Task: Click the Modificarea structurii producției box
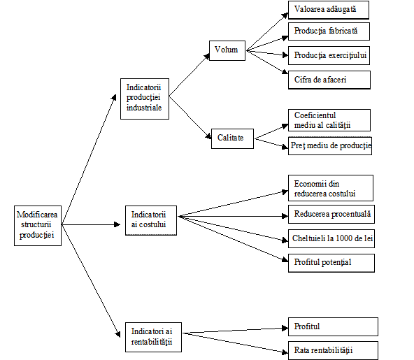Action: (x=38, y=226)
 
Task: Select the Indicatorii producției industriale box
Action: (x=145, y=99)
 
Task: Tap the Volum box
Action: (x=227, y=50)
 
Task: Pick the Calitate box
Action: (x=232, y=138)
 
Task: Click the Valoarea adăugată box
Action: (x=329, y=10)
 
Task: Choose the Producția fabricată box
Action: (x=329, y=31)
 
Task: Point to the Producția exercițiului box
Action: (x=329, y=55)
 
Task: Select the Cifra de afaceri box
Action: (x=329, y=80)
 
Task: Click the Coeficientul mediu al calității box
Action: (x=329, y=120)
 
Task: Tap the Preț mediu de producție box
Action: (x=330, y=145)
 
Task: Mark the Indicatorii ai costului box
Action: (x=151, y=220)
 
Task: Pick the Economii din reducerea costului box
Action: (x=331, y=188)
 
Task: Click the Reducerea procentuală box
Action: (x=331, y=215)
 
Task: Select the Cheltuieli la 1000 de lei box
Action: (x=331, y=238)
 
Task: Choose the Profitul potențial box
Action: (x=331, y=263)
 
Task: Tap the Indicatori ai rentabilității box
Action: (x=153, y=337)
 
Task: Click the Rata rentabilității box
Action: (x=333, y=350)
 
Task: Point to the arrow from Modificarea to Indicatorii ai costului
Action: (x=91, y=224)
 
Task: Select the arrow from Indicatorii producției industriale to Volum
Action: (x=190, y=74)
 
